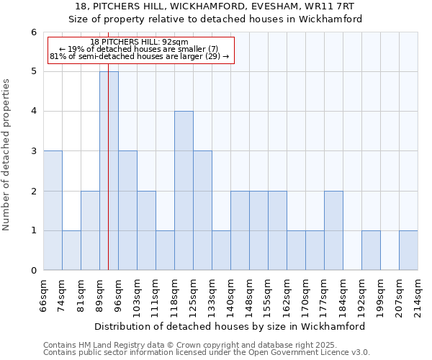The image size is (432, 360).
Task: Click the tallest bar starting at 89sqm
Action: pyautogui.click(x=109, y=171)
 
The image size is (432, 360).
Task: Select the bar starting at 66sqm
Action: pyautogui.click(x=53, y=210)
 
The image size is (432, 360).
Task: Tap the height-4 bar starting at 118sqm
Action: pyautogui.click(x=184, y=191)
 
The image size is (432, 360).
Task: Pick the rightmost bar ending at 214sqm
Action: pyautogui.click(x=408, y=251)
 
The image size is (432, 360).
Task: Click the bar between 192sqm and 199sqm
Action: pyautogui.click(x=371, y=251)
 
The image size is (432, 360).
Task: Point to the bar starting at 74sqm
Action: pyautogui.click(x=71, y=251)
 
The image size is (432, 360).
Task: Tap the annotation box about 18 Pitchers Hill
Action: pyautogui.click(x=140, y=50)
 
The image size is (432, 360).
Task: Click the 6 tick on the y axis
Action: pyautogui.click(x=33, y=32)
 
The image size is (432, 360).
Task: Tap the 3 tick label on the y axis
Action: pyautogui.click(x=33, y=151)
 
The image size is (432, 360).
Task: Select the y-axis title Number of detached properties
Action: pyautogui.click(x=8, y=151)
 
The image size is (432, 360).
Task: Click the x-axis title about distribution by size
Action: pyautogui.click(x=230, y=326)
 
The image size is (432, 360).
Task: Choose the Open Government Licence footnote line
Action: pyautogui.click(x=206, y=353)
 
